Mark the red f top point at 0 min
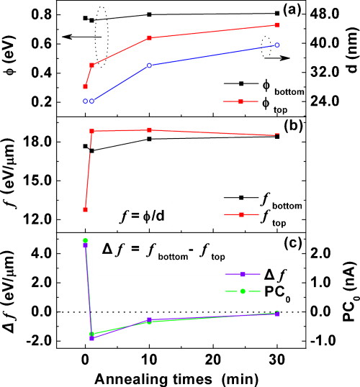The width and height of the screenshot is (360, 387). (x=85, y=209)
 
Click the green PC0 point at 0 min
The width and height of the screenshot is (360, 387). (x=85, y=240)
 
